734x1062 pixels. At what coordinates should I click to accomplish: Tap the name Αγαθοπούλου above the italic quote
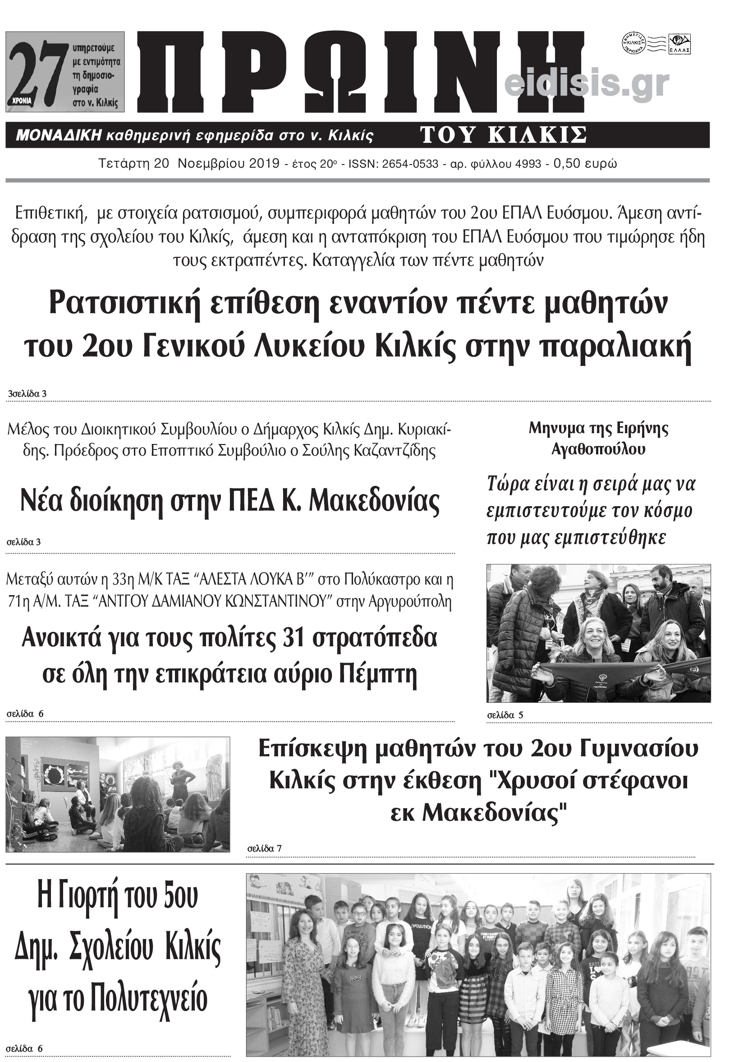598,449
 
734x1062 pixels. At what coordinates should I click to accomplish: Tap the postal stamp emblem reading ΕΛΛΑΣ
682,45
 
